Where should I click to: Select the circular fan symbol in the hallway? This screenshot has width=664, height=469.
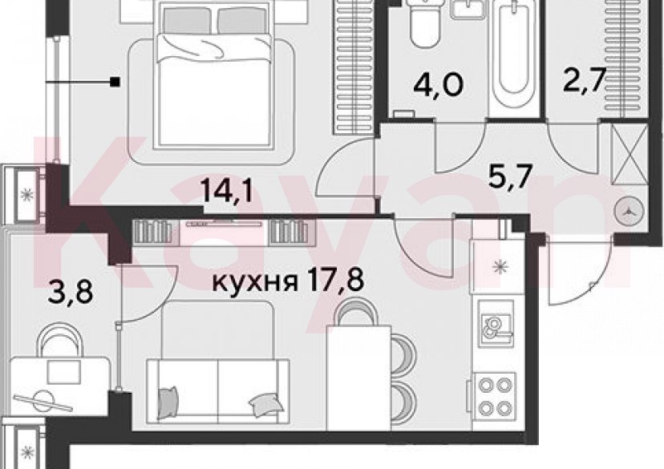(x=628, y=212)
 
